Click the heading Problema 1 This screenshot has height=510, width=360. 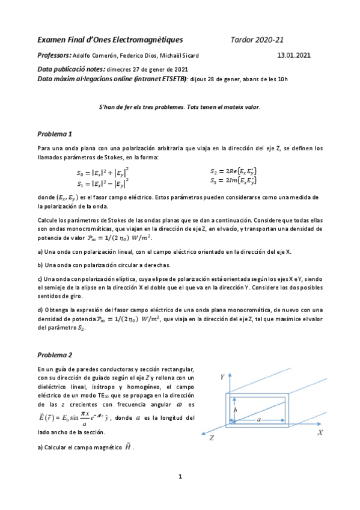click(x=55, y=134)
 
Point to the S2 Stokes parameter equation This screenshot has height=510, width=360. click(x=234, y=171)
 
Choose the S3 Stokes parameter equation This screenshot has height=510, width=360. click(x=234, y=180)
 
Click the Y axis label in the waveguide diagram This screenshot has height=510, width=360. click(x=222, y=377)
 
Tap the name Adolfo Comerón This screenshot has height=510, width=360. click(x=101, y=55)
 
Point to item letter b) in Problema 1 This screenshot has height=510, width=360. click(x=40, y=265)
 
